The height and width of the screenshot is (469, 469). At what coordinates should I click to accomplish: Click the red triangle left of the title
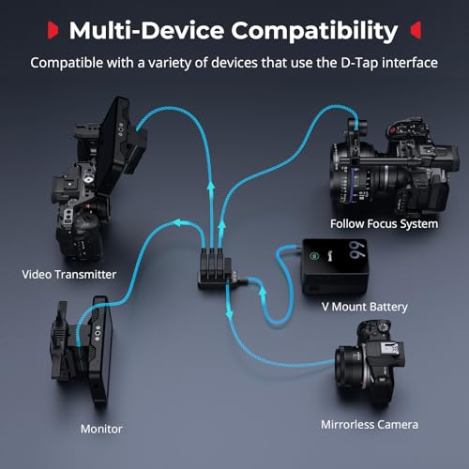point(53,30)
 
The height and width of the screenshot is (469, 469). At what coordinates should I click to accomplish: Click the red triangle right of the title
point(416,30)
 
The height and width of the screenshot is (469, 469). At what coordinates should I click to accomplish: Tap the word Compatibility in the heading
point(314,31)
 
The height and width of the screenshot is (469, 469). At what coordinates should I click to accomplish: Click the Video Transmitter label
point(69,275)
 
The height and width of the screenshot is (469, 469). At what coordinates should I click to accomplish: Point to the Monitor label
point(101,429)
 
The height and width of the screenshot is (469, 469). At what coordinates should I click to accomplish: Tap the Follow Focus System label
point(384,224)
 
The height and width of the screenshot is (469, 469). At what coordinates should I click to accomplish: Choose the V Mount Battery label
point(365,307)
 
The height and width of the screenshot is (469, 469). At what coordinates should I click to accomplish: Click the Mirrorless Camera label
point(370,425)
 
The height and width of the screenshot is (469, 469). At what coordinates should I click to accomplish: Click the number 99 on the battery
point(357,250)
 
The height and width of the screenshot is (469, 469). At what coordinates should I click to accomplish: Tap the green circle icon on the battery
point(314,256)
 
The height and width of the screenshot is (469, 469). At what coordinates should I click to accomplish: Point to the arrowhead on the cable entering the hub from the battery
point(263,292)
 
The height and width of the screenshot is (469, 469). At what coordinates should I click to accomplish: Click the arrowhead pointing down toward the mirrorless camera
point(230,313)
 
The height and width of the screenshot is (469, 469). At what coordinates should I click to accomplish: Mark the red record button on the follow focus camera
point(393,130)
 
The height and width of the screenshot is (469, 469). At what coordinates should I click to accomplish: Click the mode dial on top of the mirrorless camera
point(383,327)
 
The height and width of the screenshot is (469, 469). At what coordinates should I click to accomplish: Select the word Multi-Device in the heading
point(146,30)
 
